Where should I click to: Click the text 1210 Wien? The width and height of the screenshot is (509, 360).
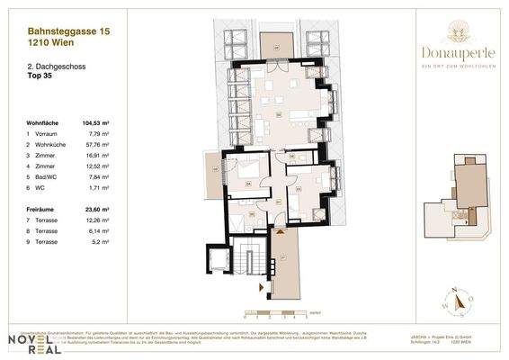[x=48, y=42]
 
